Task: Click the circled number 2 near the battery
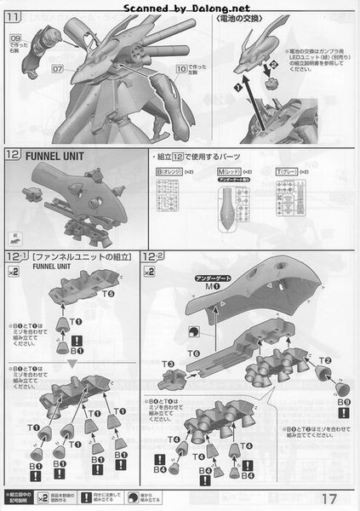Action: (274, 66)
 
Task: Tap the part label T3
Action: (167, 365)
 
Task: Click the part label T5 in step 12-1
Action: (109, 293)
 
